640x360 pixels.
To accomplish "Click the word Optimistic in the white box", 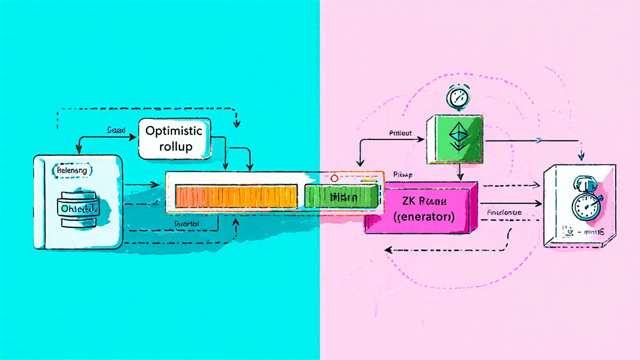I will [173, 131].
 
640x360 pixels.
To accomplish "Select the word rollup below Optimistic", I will [173, 147].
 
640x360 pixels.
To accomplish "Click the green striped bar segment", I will [340, 196].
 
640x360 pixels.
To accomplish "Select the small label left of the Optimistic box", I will [116, 129].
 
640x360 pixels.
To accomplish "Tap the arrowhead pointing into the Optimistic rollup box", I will [134, 136].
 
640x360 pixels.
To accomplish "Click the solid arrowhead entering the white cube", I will [540, 203].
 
